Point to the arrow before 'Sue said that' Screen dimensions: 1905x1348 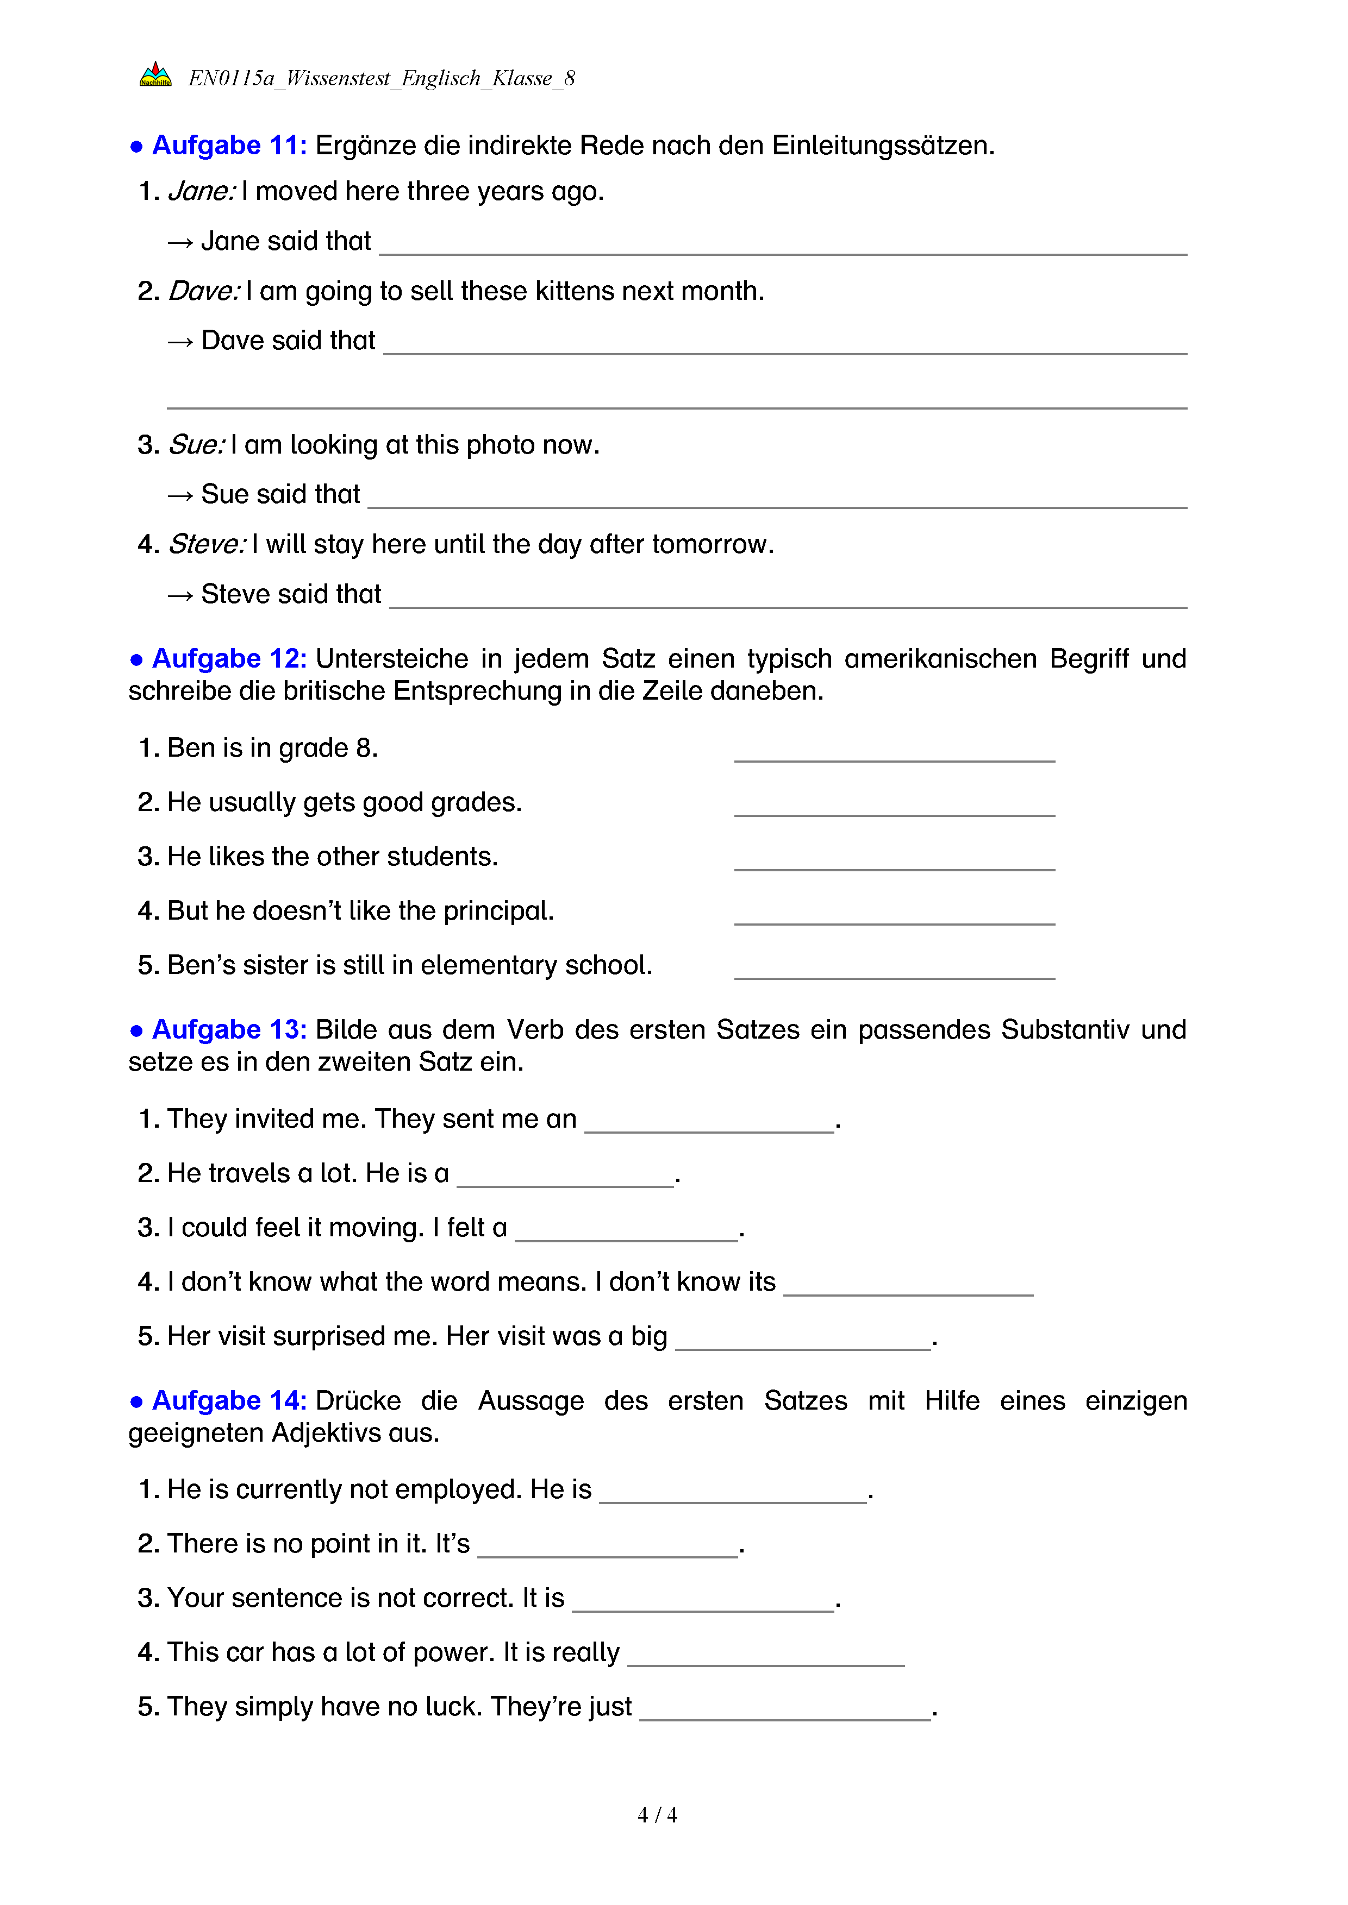point(180,495)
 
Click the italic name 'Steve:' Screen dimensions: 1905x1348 point(207,544)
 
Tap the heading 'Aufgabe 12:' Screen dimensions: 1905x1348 point(229,659)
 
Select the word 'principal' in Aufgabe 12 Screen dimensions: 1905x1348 point(496,911)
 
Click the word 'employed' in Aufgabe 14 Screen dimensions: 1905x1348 point(464,1489)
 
